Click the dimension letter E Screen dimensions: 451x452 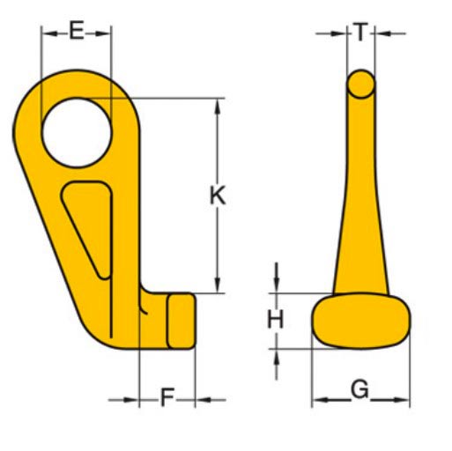77,33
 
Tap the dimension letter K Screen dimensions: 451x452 217,196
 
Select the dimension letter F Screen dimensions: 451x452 167,398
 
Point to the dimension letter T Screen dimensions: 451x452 361,33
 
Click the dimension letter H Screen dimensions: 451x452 277,320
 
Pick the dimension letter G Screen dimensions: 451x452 359,388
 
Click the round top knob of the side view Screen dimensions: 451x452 360,84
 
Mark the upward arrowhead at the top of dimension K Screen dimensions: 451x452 217,105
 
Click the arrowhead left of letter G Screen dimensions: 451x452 318,401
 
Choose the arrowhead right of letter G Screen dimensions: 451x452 404,401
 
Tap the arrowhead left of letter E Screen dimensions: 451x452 47,33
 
